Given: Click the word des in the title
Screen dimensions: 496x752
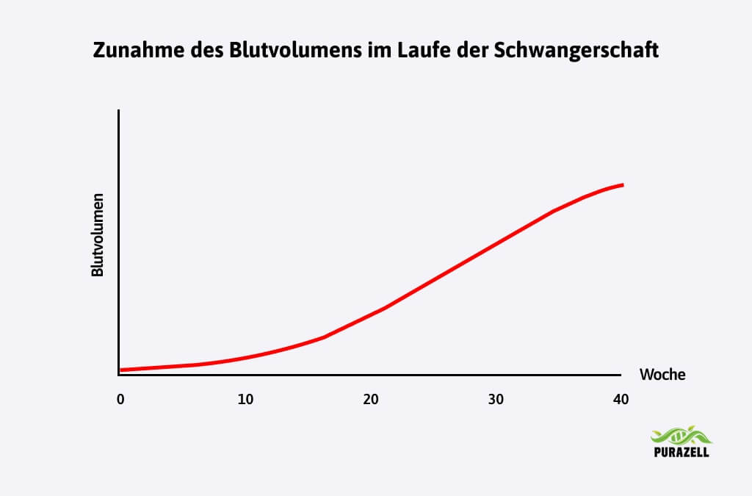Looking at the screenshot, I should point(192,51).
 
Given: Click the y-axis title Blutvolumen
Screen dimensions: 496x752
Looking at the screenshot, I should point(97,235).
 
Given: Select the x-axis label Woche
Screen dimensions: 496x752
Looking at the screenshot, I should point(662,375).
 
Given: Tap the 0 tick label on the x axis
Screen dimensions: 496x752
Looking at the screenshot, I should point(120,400).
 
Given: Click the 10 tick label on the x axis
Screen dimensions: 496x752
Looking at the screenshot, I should point(245,400).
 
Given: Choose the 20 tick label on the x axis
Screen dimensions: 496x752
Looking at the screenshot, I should point(370,400).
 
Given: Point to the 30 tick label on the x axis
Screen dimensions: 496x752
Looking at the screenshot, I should point(496,400).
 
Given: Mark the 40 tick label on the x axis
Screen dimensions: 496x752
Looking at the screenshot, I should point(621,400).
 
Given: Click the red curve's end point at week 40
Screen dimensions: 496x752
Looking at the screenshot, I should point(623,184).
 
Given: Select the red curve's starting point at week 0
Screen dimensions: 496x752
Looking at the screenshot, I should point(120,370).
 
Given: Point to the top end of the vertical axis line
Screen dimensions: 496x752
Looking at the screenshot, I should point(119,110).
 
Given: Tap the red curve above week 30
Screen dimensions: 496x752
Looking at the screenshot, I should point(496,242).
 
